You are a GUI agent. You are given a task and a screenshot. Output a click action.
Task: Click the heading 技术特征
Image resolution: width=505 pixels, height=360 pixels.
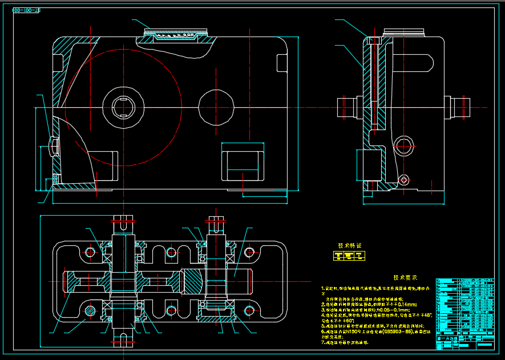pyautogui.click(x=350, y=246)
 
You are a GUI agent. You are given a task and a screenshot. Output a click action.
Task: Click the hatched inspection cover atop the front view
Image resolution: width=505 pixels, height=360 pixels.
pyautogui.click(x=176, y=35)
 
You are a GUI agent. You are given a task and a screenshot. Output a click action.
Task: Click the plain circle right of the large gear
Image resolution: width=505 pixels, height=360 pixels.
pyautogui.click(x=216, y=107)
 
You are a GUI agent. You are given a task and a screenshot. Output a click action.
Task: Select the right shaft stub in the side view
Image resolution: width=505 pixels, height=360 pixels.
pyautogui.click(x=459, y=107)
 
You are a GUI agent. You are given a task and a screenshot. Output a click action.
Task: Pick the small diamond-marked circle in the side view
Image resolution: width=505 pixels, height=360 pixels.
pyautogui.click(x=404, y=180)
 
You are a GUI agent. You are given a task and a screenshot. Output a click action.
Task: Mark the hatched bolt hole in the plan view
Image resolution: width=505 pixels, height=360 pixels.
pyautogui.click(x=91, y=311)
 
